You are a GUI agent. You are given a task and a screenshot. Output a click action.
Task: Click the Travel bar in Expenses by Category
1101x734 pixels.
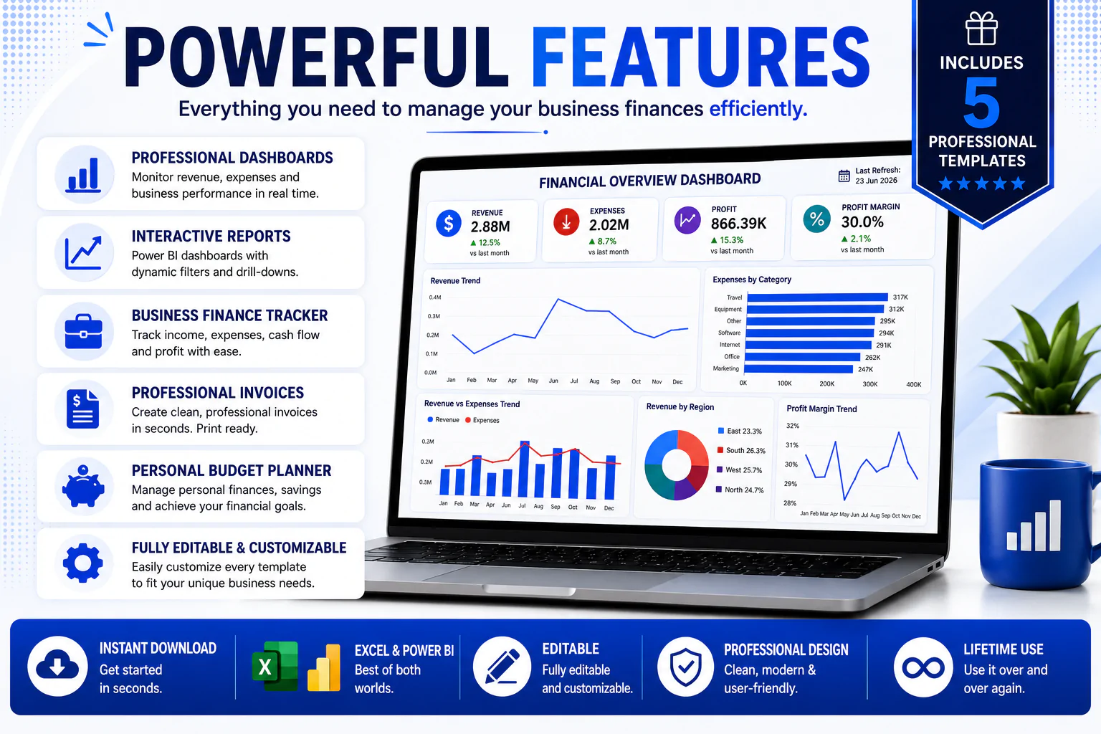pos(817,297)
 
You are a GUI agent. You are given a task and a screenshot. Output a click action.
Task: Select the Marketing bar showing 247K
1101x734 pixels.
pos(799,368)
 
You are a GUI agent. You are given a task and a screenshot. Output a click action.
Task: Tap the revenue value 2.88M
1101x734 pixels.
pos(490,227)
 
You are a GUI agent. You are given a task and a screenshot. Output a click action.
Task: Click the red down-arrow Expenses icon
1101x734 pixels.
pos(566,221)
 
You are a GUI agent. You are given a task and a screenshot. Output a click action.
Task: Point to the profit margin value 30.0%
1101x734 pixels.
pos(862,222)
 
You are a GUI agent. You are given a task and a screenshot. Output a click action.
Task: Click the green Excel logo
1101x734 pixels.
pos(275,666)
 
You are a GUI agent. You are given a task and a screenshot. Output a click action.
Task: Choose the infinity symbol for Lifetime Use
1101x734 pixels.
pos(923,667)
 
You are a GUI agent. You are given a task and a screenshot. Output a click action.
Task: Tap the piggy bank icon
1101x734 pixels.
pos(83,486)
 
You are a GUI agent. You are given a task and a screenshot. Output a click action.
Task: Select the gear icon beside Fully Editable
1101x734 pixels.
pos(83,563)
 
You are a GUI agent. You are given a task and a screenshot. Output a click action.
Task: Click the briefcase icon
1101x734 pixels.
pos(84,331)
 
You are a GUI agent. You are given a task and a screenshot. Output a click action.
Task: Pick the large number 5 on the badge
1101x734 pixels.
pos(981,103)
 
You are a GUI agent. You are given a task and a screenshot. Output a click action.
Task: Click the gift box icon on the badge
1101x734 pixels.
pos(981,28)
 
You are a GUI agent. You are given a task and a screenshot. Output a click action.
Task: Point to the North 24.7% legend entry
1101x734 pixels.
pos(740,490)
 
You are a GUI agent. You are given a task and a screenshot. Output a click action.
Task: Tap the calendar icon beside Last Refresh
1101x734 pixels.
pos(844,176)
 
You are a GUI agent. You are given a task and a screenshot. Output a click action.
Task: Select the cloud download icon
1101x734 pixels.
pos(57,667)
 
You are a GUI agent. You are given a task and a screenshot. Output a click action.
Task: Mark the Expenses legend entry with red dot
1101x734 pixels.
pos(482,420)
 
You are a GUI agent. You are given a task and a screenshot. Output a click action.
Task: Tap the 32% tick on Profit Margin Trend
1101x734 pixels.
pos(792,426)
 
